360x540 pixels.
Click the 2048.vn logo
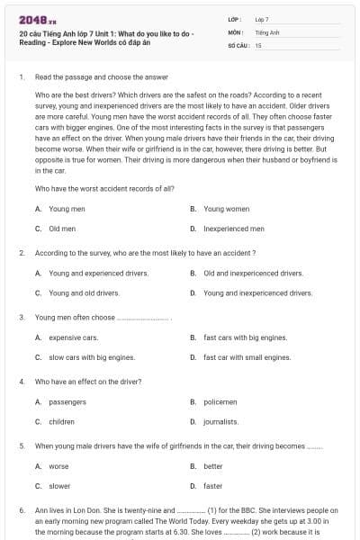36,20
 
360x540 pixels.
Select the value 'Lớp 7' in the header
263,19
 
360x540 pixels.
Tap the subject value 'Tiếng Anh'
267,31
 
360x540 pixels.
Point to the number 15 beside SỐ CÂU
258,44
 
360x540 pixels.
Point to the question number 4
22,382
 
